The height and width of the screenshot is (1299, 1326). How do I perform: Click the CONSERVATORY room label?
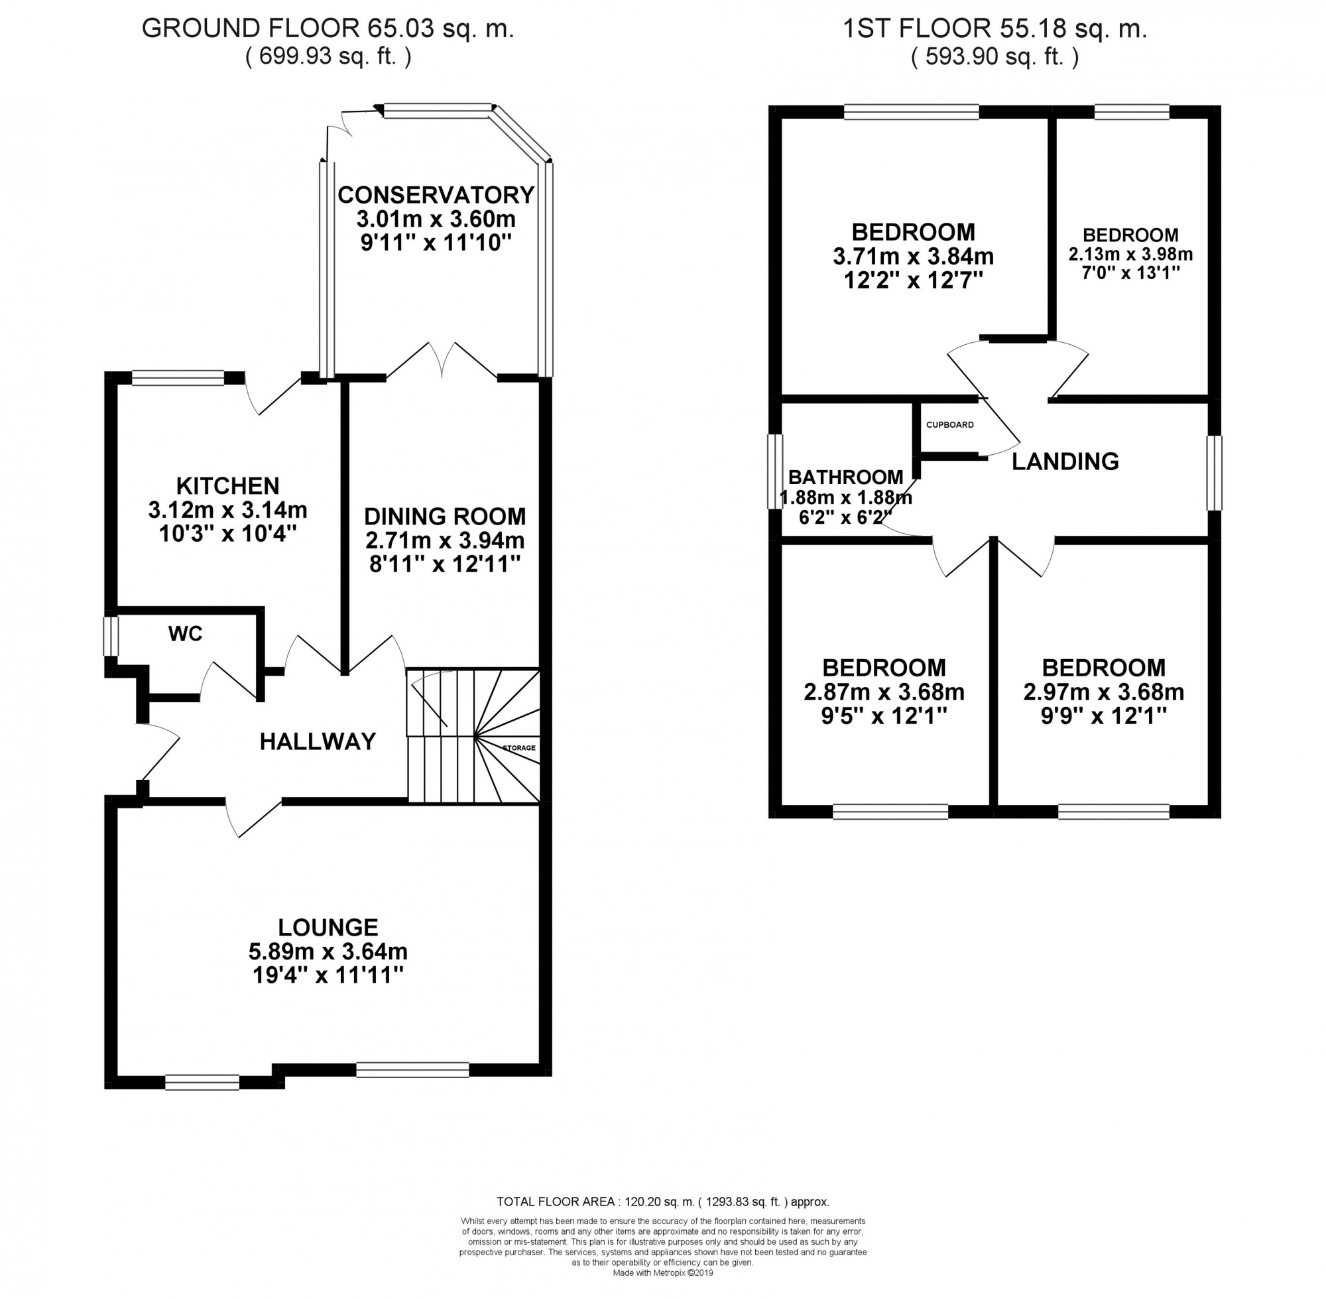(x=436, y=195)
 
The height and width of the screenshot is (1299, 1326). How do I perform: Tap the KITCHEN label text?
(x=228, y=486)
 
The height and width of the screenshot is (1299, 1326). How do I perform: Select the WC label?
(x=186, y=634)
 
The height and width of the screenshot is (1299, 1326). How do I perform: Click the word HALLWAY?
(x=318, y=741)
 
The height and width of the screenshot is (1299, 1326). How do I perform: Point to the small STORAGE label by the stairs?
(x=519, y=748)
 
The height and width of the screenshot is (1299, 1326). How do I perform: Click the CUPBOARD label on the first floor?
(x=949, y=424)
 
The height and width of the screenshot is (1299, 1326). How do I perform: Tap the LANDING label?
(x=1065, y=462)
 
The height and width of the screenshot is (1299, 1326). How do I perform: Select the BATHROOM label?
(x=846, y=477)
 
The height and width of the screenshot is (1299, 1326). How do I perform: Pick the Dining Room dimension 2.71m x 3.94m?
(x=445, y=540)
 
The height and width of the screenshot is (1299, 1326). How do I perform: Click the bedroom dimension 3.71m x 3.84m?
(x=914, y=257)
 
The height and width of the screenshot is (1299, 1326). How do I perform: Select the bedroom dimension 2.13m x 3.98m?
(x=1130, y=255)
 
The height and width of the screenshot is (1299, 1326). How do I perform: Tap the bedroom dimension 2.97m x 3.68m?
(x=1104, y=692)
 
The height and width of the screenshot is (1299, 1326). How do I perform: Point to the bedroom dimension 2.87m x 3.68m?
(x=884, y=692)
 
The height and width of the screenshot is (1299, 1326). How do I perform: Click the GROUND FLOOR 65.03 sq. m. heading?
(x=328, y=29)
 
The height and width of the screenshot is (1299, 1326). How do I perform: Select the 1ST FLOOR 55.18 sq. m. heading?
(x=995, y=29)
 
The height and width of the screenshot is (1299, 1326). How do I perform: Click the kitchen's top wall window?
(x=178, y=378)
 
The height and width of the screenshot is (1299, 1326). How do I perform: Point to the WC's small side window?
(x=111, y=636)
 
